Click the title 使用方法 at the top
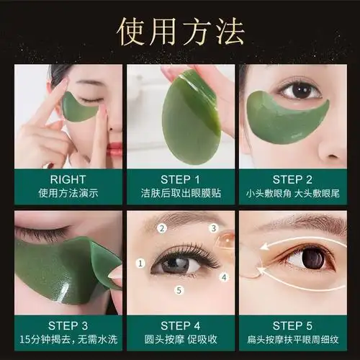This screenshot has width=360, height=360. click(x=180, y=30)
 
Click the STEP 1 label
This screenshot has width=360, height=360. click(x=180, y=179)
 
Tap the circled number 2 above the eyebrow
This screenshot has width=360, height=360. click(x=162, y=228)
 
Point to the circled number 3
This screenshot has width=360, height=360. click(x=214, y=229)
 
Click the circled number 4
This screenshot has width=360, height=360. click(x=223, y=277)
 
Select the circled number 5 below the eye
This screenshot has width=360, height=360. click(x=179, y=291)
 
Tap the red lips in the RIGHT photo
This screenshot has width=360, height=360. click(x=114, y=148)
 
